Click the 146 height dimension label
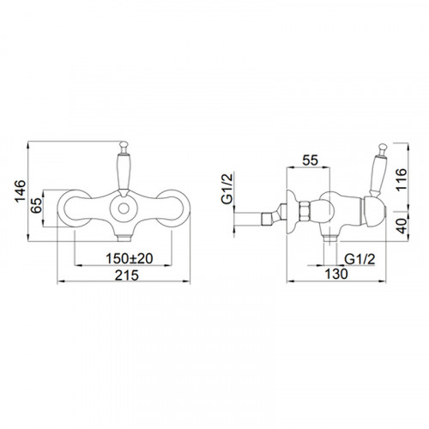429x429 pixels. [x=21, y=191]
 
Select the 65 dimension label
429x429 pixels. [x=36, y=205]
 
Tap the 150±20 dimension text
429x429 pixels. [x=130, y=258]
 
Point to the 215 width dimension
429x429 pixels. [x=127, y=275]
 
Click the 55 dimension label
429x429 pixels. [x=311, y=160]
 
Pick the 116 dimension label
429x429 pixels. [x=401, y=179]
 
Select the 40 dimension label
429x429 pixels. [x=402, y=226]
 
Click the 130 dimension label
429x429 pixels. [x=336, y=274]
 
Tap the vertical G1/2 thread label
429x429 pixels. [x=227, y=189]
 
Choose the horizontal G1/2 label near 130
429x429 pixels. [x=360, y=259]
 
